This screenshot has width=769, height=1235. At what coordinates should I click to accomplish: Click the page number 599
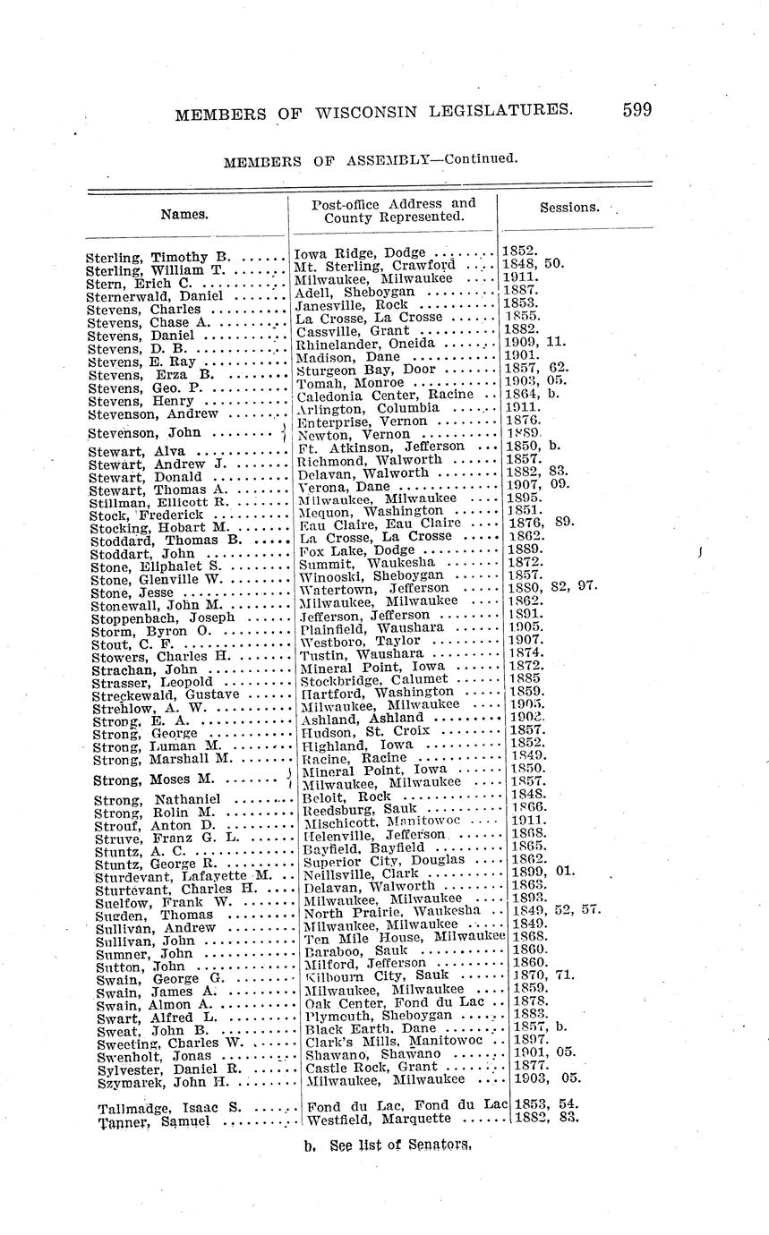[x=637, y=110]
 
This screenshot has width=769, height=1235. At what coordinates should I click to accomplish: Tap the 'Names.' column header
[x=184, y=214]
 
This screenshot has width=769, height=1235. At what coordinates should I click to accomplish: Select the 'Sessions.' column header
[x=569, y=207]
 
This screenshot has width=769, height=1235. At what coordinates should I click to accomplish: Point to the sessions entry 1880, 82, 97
[x=556, y=588]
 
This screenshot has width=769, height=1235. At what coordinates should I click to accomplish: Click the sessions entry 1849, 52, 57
[x=556, y=911]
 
